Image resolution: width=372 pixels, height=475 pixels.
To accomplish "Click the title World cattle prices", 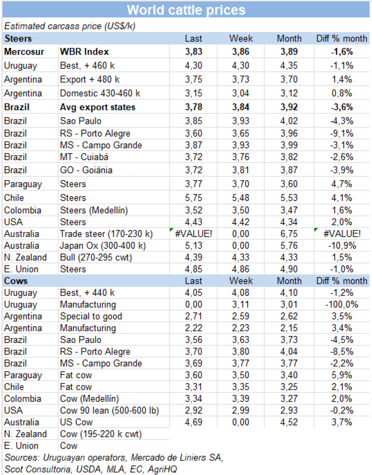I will [186, 10].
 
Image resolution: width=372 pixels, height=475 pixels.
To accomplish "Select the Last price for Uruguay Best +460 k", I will [193, 66].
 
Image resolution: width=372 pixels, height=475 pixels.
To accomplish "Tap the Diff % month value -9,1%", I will [341, 133].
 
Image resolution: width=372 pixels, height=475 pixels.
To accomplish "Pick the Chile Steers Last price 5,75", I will [193, 198].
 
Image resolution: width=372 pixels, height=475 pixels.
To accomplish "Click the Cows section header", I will [16, 281].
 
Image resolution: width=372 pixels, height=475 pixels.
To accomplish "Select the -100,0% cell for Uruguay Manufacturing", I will [341, 304].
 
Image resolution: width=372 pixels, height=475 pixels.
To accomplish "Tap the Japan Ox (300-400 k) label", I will [103, 246].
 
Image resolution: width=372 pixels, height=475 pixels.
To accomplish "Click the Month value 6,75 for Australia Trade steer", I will [289, 234].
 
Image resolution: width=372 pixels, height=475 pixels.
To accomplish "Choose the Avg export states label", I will [98, 107].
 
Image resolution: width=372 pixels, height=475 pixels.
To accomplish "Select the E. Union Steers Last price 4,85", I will [193, 269].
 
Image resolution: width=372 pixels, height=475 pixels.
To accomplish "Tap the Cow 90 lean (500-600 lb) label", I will [109, 410].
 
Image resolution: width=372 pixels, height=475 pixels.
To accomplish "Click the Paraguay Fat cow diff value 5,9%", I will [341, 375].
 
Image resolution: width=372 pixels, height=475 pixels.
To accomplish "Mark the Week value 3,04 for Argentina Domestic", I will [241, 93].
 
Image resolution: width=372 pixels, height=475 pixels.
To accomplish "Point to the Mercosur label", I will [24, 52].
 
